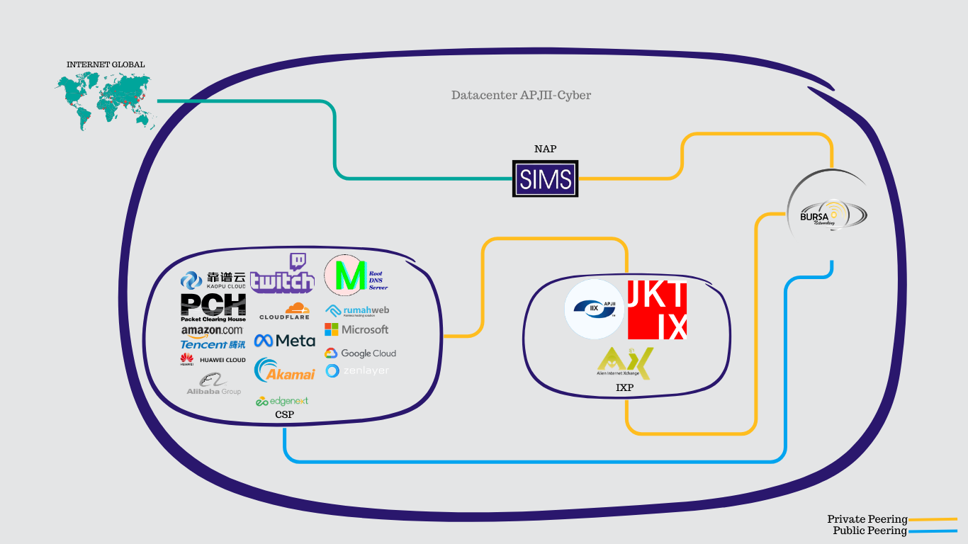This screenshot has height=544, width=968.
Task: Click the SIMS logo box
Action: (545, 178)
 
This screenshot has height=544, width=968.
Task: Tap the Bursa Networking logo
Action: (827, 213)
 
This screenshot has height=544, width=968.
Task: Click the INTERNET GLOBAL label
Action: (106, 64)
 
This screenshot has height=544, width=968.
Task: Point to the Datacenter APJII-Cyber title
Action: (521, 95)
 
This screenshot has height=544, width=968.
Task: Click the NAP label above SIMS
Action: (545, 149)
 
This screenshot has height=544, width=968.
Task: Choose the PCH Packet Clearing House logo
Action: (213, 307)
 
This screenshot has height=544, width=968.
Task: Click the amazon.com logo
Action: (212, 331)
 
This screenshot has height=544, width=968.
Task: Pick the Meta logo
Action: (285, 341)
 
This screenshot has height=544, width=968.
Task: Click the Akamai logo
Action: (285, 370)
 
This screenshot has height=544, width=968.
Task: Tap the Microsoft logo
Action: (356, 329)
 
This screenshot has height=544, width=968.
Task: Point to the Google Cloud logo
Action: (360, 353)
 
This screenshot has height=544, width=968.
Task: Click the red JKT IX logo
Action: (658, 310)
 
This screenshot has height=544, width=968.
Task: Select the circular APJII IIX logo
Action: (595, 310)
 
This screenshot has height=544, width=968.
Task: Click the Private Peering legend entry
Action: (867, 520)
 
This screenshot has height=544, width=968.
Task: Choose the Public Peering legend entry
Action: (869, 531)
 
